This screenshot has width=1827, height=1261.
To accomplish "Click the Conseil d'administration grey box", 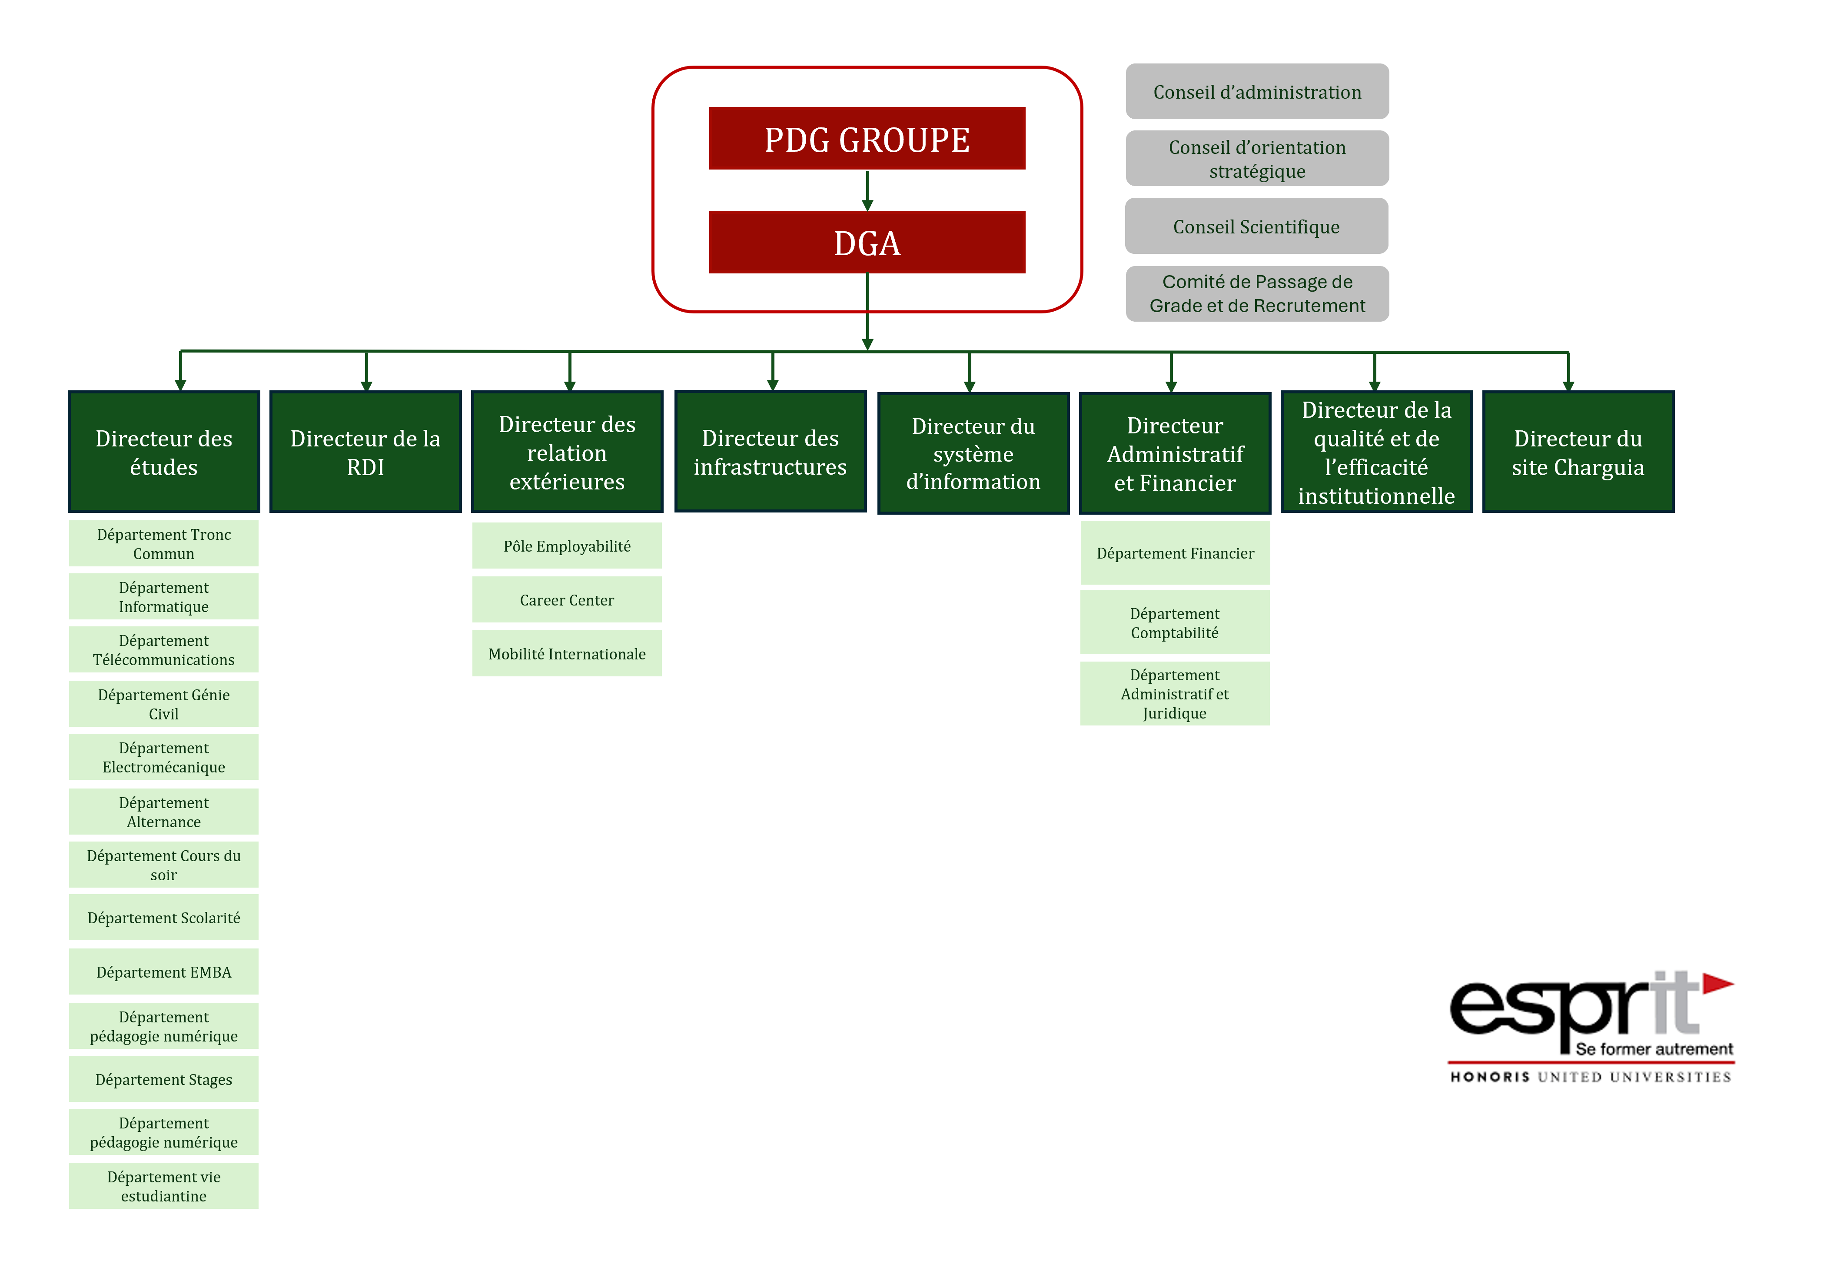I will pos(1257,92).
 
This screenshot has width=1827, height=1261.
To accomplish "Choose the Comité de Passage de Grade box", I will pos(1257,294).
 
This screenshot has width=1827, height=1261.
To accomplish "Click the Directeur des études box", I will pos(163,452).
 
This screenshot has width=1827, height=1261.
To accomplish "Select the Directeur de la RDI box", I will pos(365,452).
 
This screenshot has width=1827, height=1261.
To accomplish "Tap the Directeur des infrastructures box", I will pos(770,452).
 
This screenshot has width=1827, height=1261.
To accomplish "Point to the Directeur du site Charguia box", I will pos(1578,452).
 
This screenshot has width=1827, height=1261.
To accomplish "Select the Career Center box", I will pos(566,600).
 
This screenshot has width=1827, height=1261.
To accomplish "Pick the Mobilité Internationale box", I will pos(566,653).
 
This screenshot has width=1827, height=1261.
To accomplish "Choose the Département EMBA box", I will pos(163,972).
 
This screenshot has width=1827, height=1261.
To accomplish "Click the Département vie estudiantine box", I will pos(163,1186).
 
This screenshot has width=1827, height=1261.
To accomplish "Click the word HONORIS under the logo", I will pos(1489,1077).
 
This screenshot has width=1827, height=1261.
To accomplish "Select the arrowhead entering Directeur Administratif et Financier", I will pos(1171,386).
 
